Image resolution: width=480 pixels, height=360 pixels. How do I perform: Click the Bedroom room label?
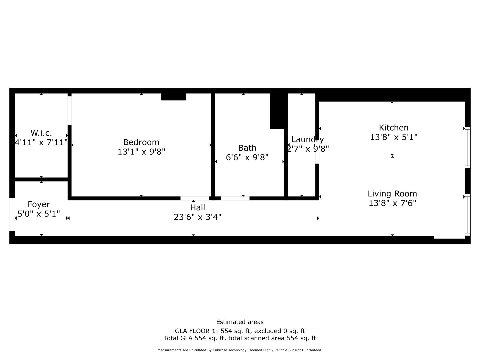[141, 142]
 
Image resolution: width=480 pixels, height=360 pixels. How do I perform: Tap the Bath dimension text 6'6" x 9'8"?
[247, 157]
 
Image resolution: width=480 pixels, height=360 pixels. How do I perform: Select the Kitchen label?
[393, 128]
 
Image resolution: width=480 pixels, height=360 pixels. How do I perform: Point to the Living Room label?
[392, 194]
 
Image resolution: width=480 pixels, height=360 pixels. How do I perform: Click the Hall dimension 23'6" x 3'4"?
[197, 217]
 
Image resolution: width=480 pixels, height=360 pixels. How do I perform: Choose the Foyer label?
[39, 204]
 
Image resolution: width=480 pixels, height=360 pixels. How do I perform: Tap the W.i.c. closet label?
[41, 133]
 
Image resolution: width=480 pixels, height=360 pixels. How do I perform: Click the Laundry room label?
[307, 139]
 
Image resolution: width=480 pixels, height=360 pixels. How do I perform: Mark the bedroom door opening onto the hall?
[195, 198]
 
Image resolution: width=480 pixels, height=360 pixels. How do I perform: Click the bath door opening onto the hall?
[235, 198]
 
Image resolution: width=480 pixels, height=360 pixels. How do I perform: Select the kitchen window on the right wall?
[468, 147]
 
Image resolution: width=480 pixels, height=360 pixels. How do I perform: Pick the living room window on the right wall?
[468, 215]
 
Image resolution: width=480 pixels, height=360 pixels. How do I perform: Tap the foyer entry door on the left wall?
[12, 214]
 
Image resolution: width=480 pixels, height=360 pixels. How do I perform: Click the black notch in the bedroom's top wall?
[173, 97]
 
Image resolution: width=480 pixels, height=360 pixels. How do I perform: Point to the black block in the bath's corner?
[278, 111]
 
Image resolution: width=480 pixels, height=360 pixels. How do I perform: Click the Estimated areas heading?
[240, 322]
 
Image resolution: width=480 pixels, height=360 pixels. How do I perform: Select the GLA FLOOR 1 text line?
[240, 331]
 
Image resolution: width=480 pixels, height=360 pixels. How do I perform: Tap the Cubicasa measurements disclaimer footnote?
[240, 350]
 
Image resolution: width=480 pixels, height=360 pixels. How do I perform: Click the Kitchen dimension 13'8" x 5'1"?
[393, 137]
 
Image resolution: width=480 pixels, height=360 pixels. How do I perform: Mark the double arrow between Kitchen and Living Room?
[392, 156]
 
